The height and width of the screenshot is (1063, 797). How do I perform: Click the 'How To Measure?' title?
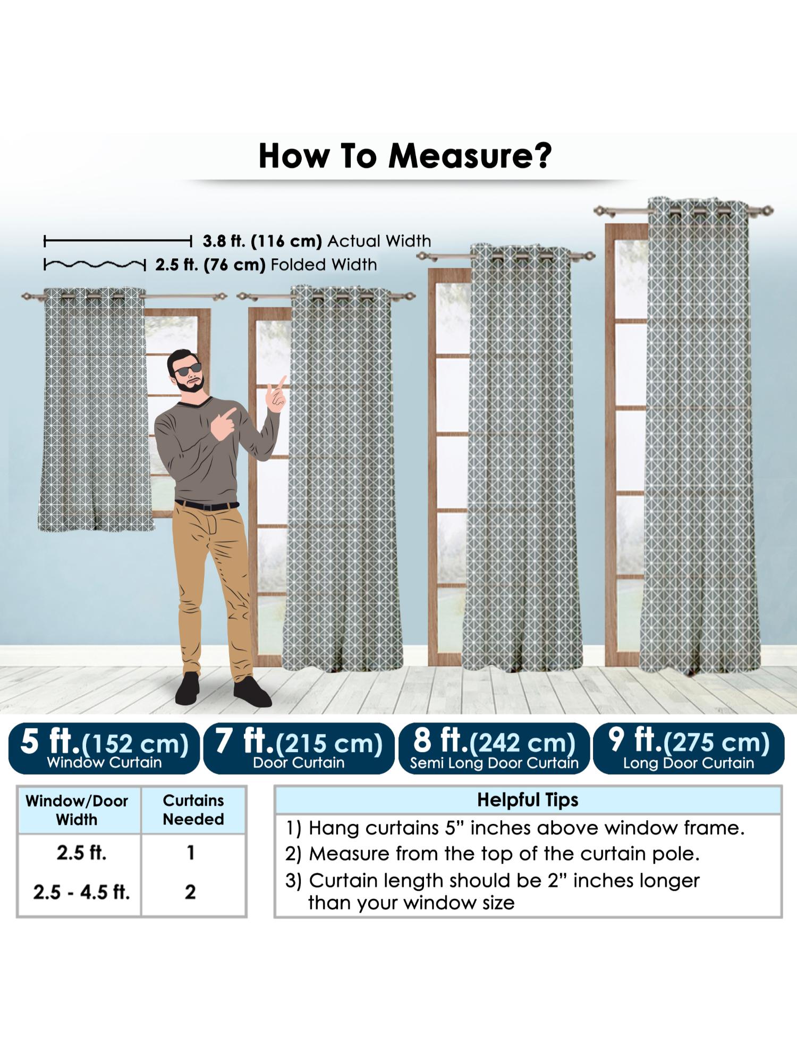coord(405,156)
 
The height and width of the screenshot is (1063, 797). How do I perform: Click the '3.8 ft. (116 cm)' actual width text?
coord(262,241)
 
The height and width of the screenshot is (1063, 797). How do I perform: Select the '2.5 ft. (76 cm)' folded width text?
coord(210,265)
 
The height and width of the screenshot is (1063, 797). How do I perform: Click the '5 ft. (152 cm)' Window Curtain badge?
coord(104,748)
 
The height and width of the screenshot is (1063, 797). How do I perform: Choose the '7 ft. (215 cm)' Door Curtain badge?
coord(299,748)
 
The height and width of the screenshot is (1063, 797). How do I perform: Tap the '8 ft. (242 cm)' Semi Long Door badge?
coord(494,748)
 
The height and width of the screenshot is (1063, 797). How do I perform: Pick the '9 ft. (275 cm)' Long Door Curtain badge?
coord(689,748)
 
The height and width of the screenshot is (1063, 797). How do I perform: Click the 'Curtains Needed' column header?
coord(193,810)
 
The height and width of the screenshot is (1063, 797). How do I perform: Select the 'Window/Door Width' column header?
coord(77,810)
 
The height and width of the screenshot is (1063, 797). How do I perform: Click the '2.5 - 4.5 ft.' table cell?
coord(81,892)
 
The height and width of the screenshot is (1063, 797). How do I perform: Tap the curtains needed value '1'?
coord(191,853)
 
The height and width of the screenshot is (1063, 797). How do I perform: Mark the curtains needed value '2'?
coord(191,892)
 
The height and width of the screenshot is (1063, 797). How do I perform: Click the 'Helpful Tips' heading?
coord(528,800)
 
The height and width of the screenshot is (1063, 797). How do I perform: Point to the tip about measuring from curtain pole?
coord(492,854)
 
